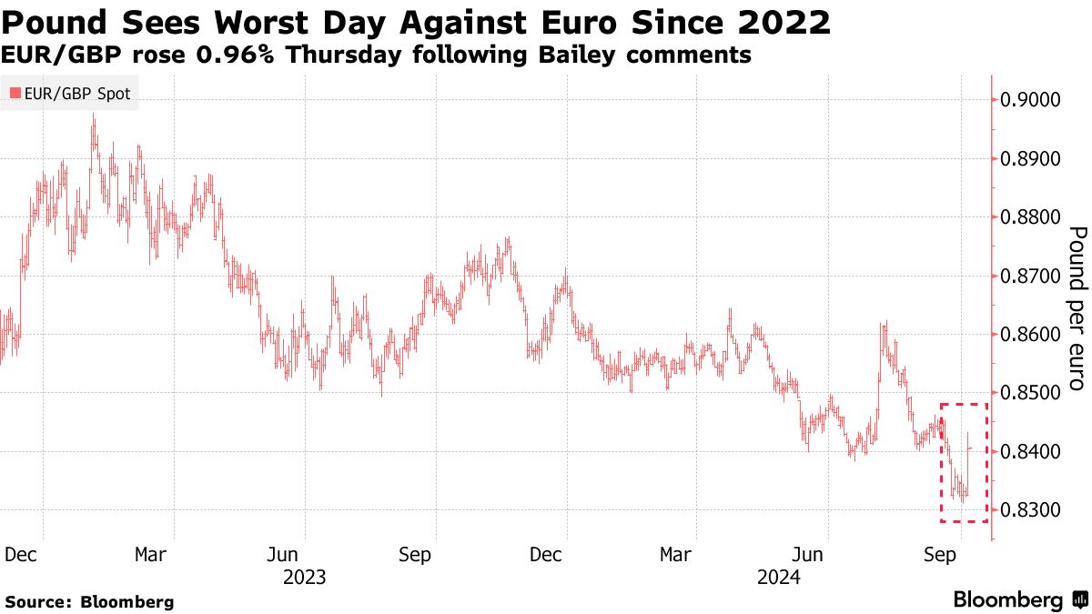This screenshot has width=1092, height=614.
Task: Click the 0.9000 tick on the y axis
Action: click(x=1032, y=100)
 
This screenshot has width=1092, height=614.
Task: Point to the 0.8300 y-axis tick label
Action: click(x=1032, y=510)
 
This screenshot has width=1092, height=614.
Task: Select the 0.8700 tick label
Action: click(x=1032, y=276)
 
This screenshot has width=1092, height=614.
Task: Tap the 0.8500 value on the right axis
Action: click(x=1032, y=393)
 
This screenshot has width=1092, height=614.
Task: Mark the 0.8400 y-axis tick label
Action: click(x=1032, y=452)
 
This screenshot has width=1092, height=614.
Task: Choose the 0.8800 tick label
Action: click(x=1032, y=217)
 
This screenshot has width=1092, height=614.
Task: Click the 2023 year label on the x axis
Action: click(x=305, y=577)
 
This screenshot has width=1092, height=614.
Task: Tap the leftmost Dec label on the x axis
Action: click(x=20, y=554)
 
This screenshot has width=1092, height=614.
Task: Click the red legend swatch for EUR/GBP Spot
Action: click(x=15, y=93)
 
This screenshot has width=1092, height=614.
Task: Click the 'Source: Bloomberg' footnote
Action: click(x=89, y=601)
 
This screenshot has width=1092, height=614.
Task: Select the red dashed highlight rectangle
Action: click(x=964, y=403)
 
